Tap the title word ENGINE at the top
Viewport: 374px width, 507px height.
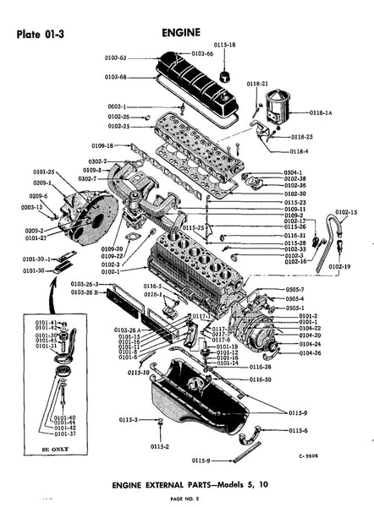(180, 33)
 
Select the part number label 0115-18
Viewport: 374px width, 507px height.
(224, 44)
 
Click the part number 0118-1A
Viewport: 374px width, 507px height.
(322, 112)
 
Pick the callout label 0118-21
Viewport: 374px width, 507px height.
(257, 84)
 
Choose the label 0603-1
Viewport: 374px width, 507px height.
(118, 106)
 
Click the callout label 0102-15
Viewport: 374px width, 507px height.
(346, 212)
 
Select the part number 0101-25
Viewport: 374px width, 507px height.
(44, 172)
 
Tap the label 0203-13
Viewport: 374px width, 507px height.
(33, 206)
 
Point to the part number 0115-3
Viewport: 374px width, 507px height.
(128, 420)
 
